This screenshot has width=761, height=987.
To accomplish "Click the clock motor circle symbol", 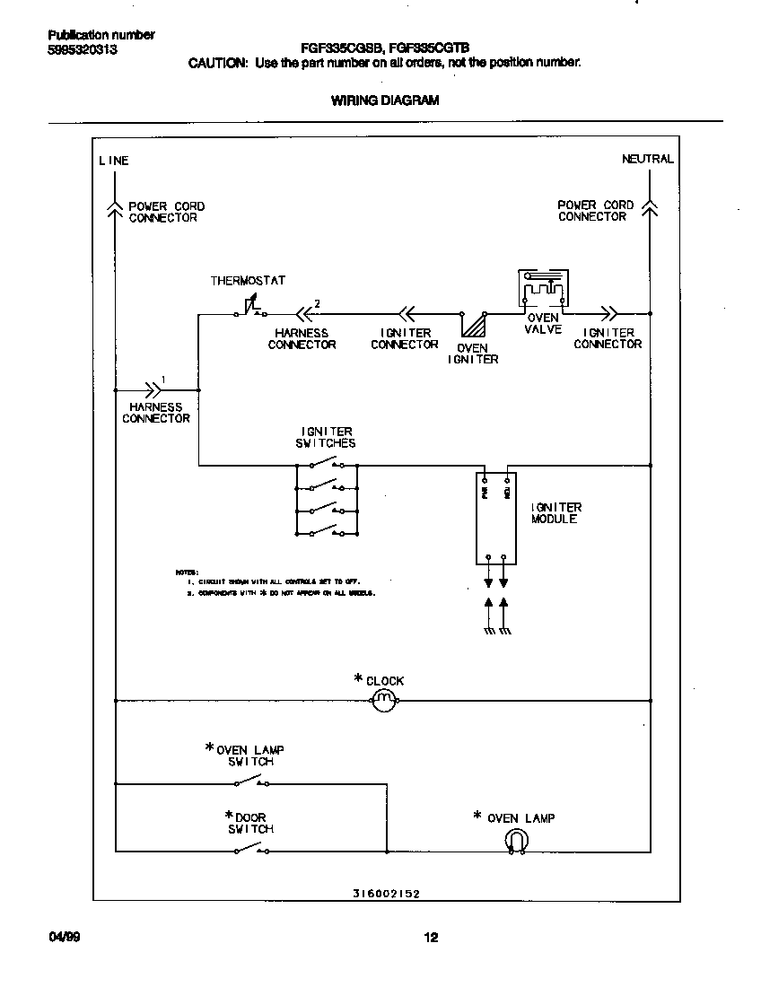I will point(383,700).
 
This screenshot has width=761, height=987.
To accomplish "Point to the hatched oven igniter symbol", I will point(473,324).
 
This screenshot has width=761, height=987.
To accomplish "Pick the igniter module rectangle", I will point(496,518).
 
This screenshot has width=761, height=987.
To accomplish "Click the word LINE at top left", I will point(114,161).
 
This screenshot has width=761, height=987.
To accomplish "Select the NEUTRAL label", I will point(647,159).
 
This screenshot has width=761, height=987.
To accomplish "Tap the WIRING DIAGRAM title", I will point(385,100).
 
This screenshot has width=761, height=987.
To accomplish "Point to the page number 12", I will point(430,938).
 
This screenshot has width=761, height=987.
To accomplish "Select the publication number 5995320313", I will point(82,50).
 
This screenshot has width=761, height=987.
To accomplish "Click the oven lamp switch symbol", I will point(250,782).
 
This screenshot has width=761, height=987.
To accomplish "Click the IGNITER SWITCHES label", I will point(326,437).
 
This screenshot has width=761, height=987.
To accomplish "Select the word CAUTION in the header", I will point(216,63).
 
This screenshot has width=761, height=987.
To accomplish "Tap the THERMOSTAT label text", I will point(248,281).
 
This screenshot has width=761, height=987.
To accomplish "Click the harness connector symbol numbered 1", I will point(154,389).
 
